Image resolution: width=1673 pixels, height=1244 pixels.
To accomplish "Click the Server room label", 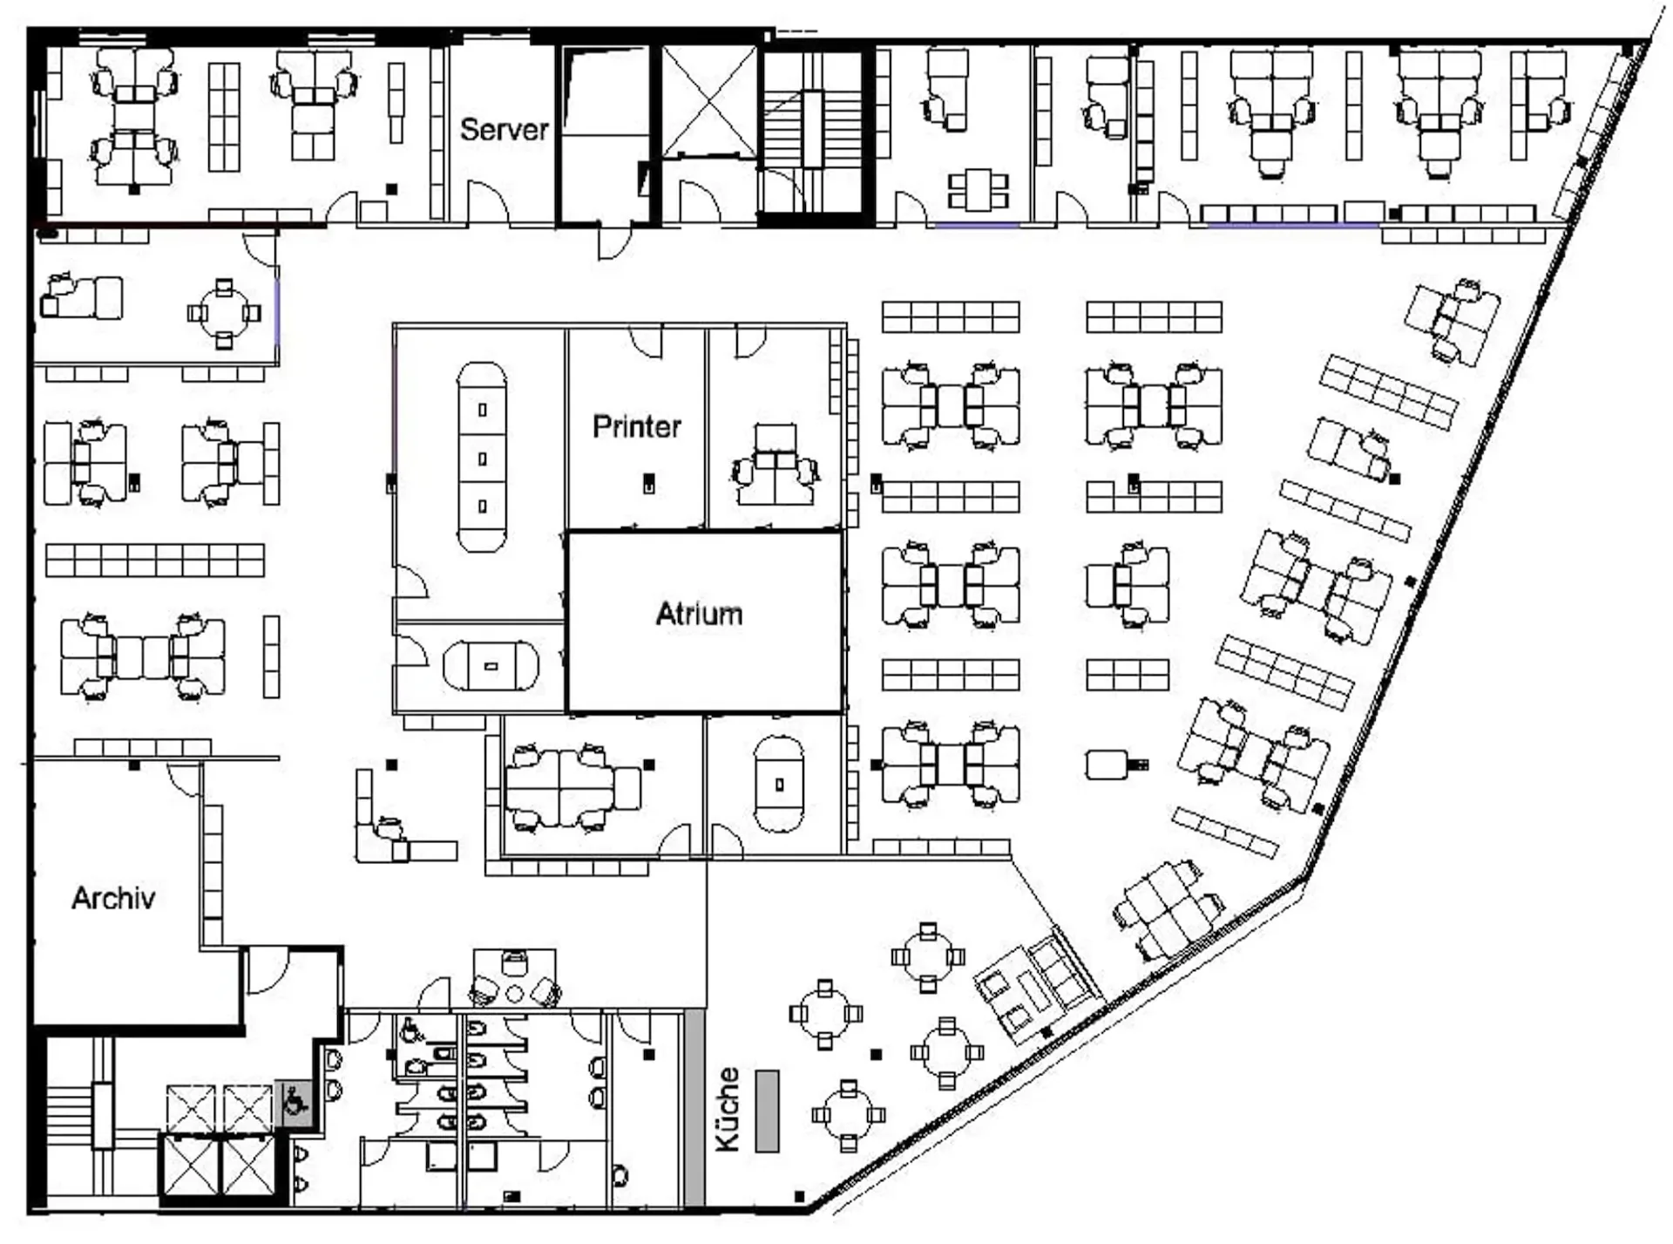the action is coord(504,130).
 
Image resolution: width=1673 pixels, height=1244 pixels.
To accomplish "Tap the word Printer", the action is coord(636,426).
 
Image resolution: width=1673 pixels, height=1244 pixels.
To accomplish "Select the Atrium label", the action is coord(699,614).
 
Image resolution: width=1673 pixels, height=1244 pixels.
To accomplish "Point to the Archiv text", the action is coord(113,898).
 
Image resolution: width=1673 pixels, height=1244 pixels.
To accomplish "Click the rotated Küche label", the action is coord(728,1109).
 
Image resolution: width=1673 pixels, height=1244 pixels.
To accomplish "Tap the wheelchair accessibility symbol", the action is coord(295,1105).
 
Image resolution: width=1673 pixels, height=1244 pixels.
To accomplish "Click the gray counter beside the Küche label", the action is coord(767,1111).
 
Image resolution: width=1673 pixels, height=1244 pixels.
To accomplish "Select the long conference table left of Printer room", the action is coord(482,458).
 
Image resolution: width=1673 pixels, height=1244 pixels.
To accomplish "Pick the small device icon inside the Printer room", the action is coord(648,483).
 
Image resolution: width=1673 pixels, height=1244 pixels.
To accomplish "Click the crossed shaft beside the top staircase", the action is coord(709,102).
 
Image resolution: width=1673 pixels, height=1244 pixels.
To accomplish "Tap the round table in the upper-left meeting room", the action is coord(224,312).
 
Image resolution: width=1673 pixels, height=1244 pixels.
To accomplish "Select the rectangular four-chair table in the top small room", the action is coord(978,190).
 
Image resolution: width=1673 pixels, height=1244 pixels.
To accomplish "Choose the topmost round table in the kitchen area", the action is coord(928,956).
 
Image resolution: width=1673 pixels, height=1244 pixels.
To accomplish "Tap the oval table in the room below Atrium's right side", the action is coord(779,785).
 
